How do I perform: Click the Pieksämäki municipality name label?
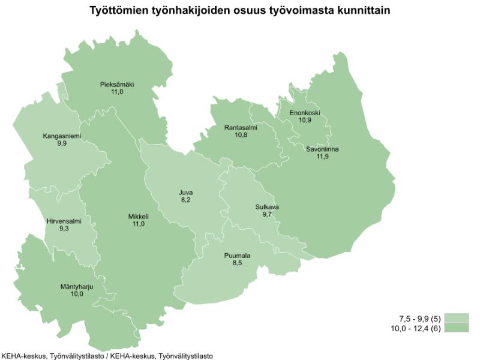pos(117,85)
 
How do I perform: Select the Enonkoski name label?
pos(305,113)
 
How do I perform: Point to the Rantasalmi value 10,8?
pos(241,135)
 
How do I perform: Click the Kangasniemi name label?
pos(62,136)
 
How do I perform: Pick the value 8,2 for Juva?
pos(186,200)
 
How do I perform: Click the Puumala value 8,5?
pos(237,263)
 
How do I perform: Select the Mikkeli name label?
pos(138,217)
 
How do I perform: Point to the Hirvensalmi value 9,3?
pos(64,229)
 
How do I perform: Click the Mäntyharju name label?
pos(76,287)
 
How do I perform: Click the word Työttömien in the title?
pos(115,11)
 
